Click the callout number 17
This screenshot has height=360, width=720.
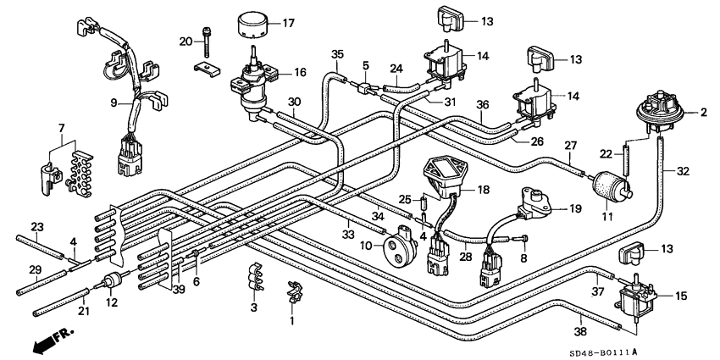point(289,23)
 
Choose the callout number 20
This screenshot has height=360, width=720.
point(186,41)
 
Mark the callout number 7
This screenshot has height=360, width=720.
point(61,127)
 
